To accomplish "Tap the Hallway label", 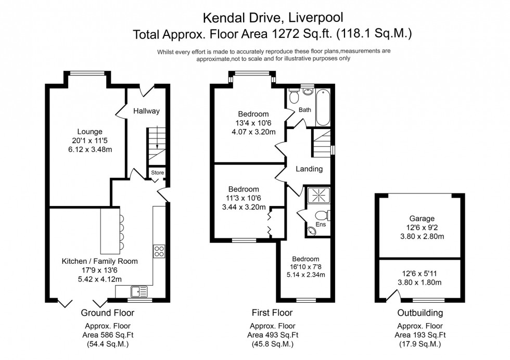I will coord(146,111).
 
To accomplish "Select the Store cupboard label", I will coord(157,173).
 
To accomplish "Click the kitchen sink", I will coord(139,291).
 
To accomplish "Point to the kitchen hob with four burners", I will coord(159,251).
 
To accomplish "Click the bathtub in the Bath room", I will coord(323,107).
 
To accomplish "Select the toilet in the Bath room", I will coord(294,97).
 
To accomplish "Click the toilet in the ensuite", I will coord(322,215).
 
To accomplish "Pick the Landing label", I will coord(309,169).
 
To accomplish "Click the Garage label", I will coord(421,218).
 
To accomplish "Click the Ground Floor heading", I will coord(108,313).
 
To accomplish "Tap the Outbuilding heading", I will coord(420,313).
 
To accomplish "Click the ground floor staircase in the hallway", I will coord(155,145).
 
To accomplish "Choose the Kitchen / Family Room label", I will coord(100,261).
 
